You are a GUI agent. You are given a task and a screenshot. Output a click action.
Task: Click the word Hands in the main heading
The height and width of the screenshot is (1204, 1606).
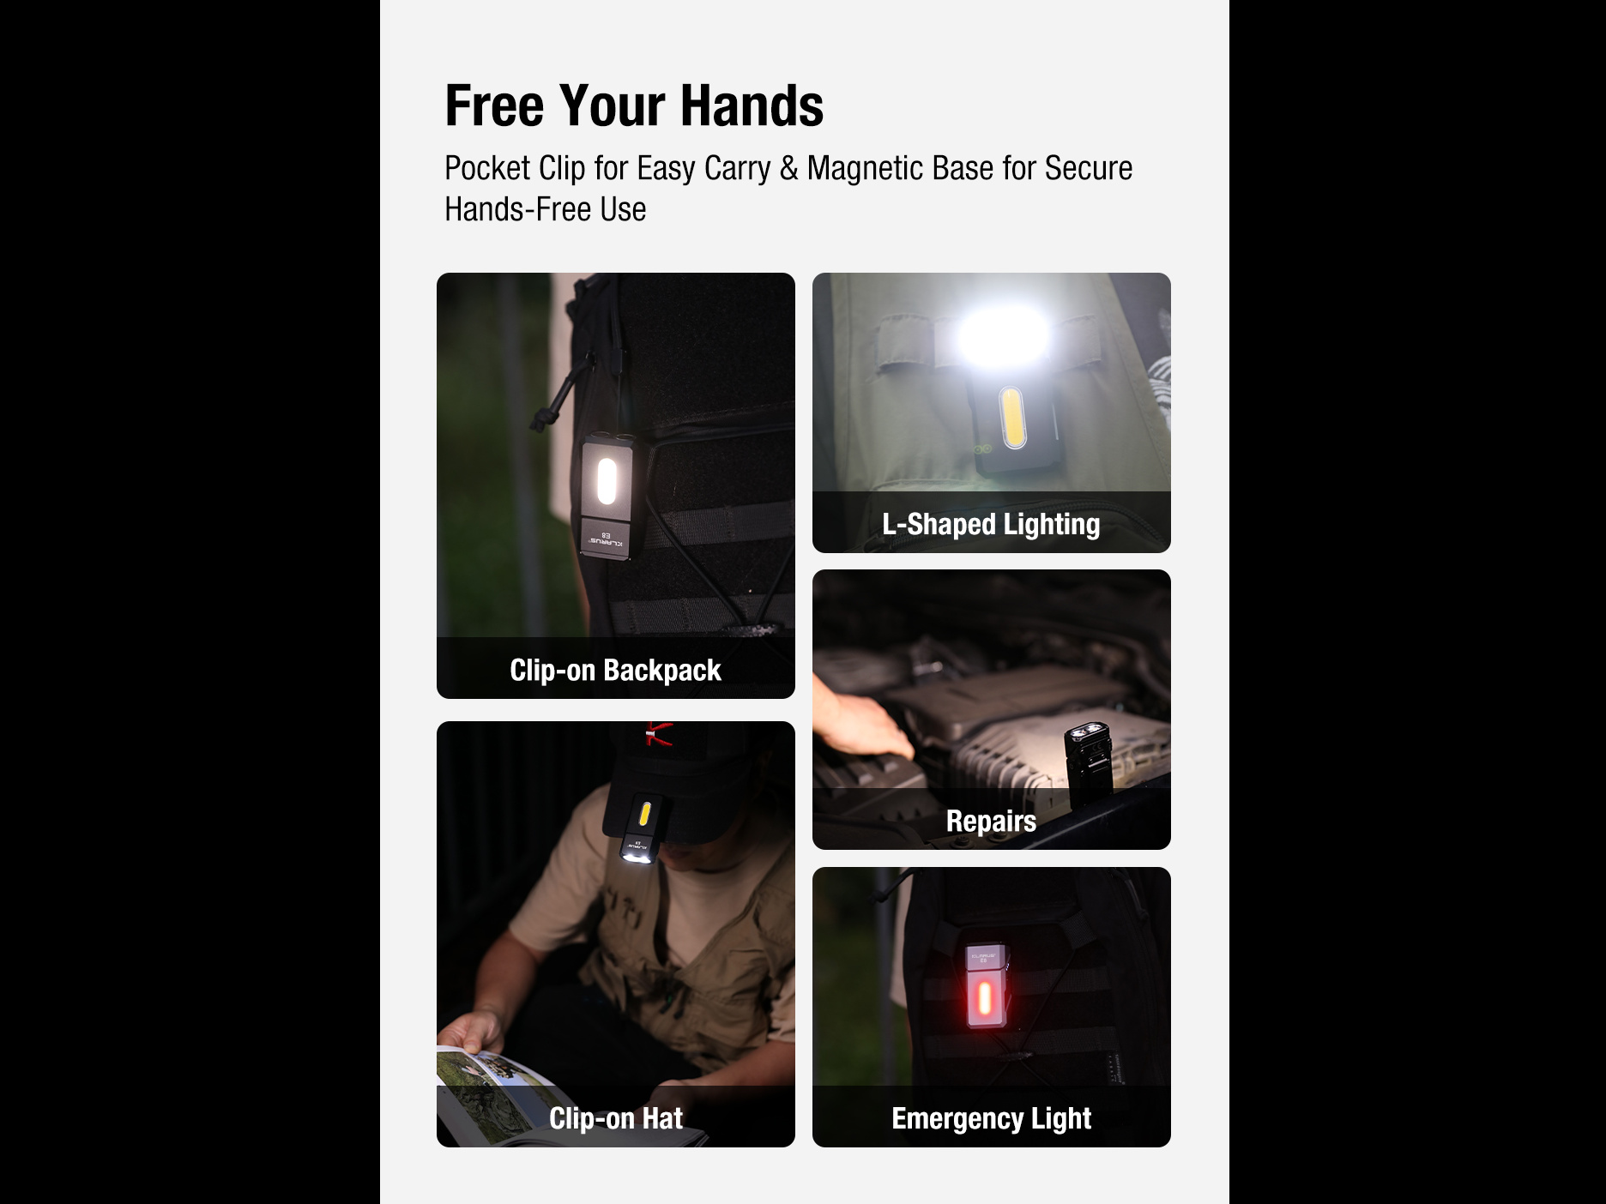coord(752,106)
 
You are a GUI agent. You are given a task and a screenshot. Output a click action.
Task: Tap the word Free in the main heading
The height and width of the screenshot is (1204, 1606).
coord(494,106)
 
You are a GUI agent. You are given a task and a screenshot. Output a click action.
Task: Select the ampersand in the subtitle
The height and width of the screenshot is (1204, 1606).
coord(789,169)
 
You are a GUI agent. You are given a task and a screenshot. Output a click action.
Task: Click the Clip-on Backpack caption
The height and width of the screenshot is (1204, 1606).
coord(615,670)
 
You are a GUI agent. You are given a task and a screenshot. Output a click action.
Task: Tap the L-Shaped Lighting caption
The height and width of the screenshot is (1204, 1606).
coord(991,524)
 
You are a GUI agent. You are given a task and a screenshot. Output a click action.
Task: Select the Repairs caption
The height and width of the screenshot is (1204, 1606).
coord(991,821)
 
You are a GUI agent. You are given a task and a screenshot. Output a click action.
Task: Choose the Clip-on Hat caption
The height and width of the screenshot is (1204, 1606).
coord(615,1118)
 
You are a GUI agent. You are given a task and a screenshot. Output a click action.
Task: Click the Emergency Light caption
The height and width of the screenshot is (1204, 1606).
coord(991,1118)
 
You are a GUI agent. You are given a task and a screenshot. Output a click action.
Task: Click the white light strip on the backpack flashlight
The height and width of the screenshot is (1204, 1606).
coord(607,481)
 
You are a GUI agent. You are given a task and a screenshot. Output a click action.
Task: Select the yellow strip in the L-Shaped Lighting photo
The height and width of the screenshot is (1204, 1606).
coord(1013,418)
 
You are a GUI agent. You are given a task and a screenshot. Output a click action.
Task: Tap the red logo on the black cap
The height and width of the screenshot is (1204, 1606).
coord(658,734)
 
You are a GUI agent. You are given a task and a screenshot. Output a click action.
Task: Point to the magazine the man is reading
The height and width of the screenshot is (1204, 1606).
coord(523,1097)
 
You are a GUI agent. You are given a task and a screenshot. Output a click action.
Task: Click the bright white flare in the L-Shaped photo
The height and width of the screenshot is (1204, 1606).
coord(1002,337)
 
